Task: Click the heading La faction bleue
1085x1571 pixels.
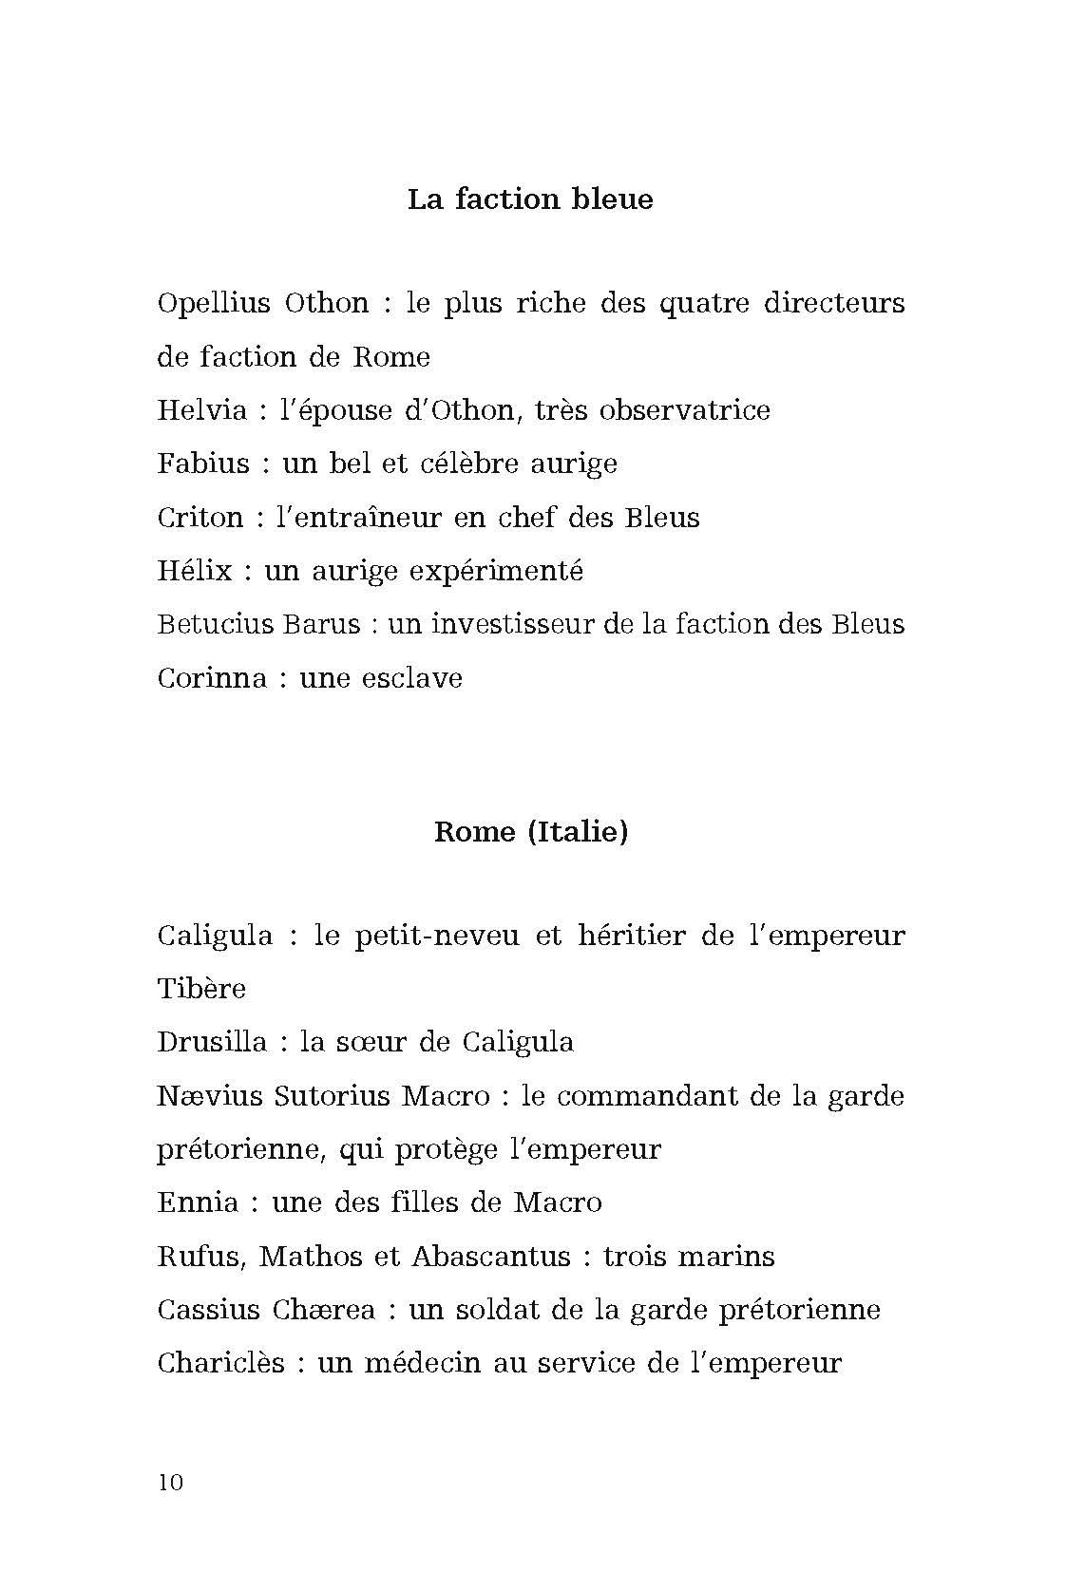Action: [x=530, y=199]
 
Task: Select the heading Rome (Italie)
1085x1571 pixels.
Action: [x=531, y=832]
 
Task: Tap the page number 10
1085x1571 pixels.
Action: [x=171, y=1483]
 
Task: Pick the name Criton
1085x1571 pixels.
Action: [x=200, y=518]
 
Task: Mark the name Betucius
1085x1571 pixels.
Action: [x=212, y=624]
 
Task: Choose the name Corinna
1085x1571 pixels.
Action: [x=212, y=678]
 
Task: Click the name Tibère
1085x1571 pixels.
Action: [x=201, y=989]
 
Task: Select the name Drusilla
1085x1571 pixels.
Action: [x=212, y=1042]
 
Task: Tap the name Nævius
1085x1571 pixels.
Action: [x=210, y=1096]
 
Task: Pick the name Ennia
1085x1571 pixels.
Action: [x=198, y=1202]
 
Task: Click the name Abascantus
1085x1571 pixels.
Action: [x=490, y=1257]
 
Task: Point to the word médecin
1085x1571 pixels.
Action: [x=400, y=1364]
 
